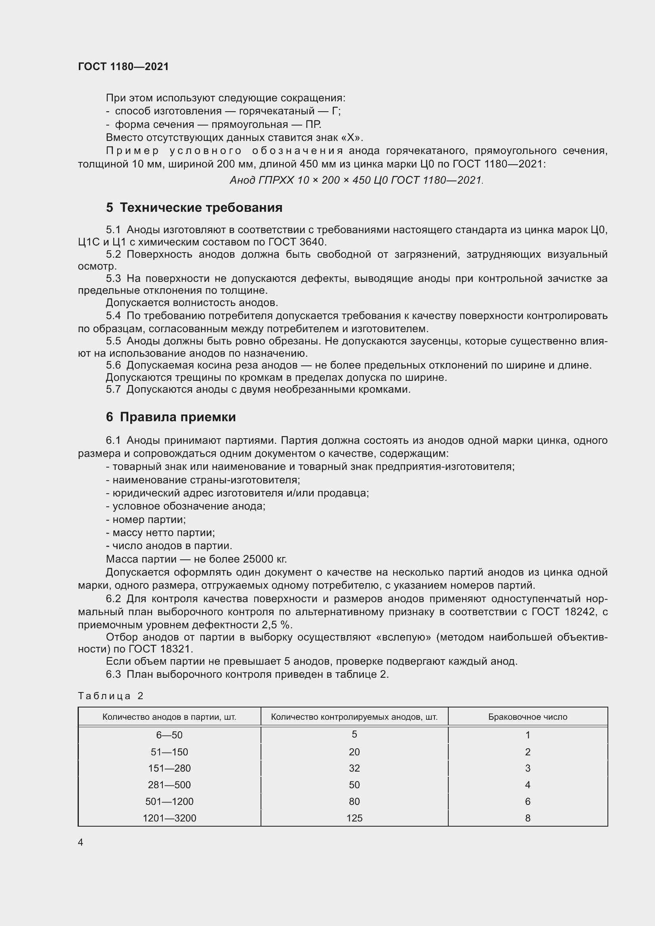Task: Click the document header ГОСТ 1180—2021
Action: (123, 67)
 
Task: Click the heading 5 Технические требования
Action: (194, 208)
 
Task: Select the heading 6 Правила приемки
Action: (171, 416)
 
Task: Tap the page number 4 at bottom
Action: (81, 842)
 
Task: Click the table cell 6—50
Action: (169, 735)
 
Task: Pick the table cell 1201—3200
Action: (169, 818)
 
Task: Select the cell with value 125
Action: (354, 818)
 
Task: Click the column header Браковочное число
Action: (527, 717)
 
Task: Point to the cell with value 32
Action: (354, 768)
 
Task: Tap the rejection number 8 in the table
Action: (527, 818)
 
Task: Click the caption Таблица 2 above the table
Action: (110, 696)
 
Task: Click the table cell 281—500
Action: (169, 784)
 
